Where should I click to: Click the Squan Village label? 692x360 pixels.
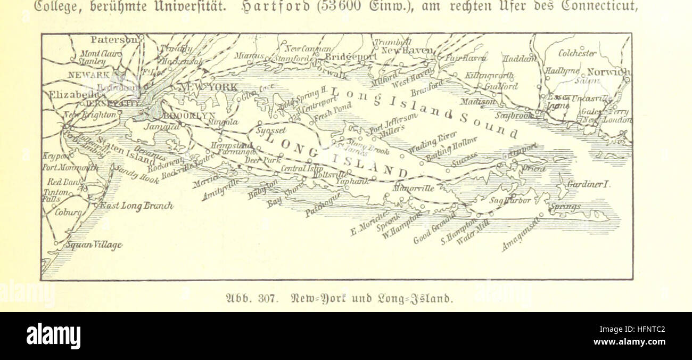(94, 245)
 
